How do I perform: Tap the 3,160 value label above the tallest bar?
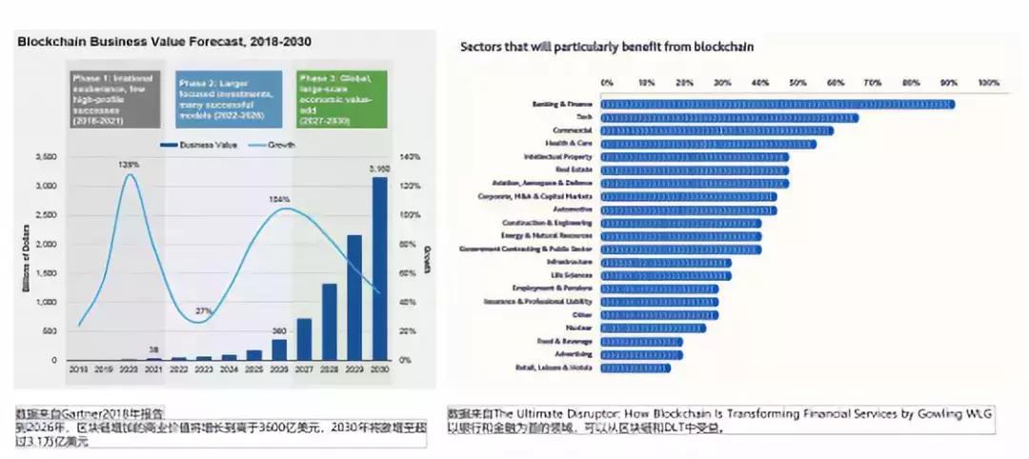point(380,169)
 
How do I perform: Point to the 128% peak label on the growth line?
point(129,164)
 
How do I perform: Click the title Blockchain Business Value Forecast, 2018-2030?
point(164,42)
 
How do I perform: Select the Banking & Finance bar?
point(777,104)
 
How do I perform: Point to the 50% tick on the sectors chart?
point(798,82)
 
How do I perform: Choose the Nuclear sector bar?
point(653,328)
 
